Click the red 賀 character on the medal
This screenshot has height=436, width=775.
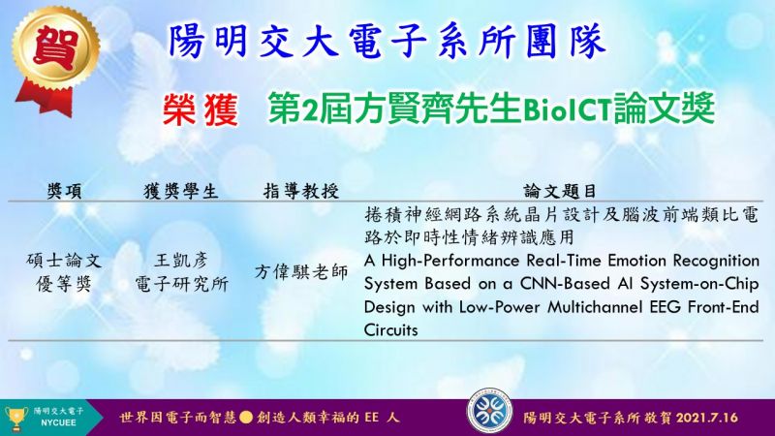pyautogui.click(x=56, y=47)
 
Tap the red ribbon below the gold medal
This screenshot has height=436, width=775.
pyautogui.click(x=46, y=100)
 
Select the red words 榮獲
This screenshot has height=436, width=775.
pyautogui.click(x=201, y=109)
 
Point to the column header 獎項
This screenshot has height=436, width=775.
pyautogui.click(x=64, y=191)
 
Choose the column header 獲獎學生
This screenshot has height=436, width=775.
pyautogui.click(x=180, y=191)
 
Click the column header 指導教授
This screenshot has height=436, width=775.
pyautogui.click(x=301, y=191)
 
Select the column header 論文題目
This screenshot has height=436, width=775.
pyautogui.click(x=561, y=191)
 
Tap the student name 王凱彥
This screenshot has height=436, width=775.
pyautogui.click(x=181, y=261)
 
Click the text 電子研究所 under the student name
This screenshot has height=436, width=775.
pyautogui.click(x=181, y=284)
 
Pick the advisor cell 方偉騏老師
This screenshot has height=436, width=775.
pyautogui.click(x=301, y=272)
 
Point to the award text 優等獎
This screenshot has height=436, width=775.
pyautogui.click(x=64, y=284)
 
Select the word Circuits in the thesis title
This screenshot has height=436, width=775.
pyautogui.click(x=391, y=330)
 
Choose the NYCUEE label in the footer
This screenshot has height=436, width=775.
pyautogui.click(x=58, y=423)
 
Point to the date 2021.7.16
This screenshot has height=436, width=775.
pyautogui.click(x=707, y=418)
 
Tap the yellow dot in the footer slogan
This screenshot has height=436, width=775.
pyautogui.click(x=246, y=418)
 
